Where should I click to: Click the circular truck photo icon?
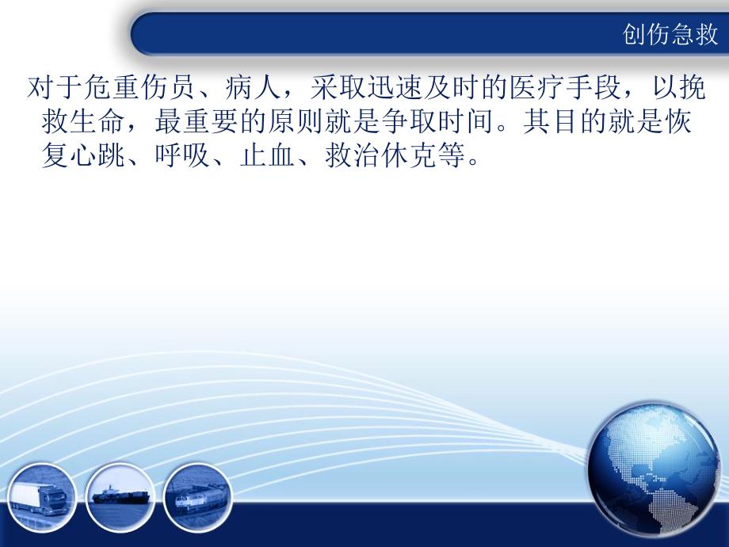(44, 496)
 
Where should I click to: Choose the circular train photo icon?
(196, 498)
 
